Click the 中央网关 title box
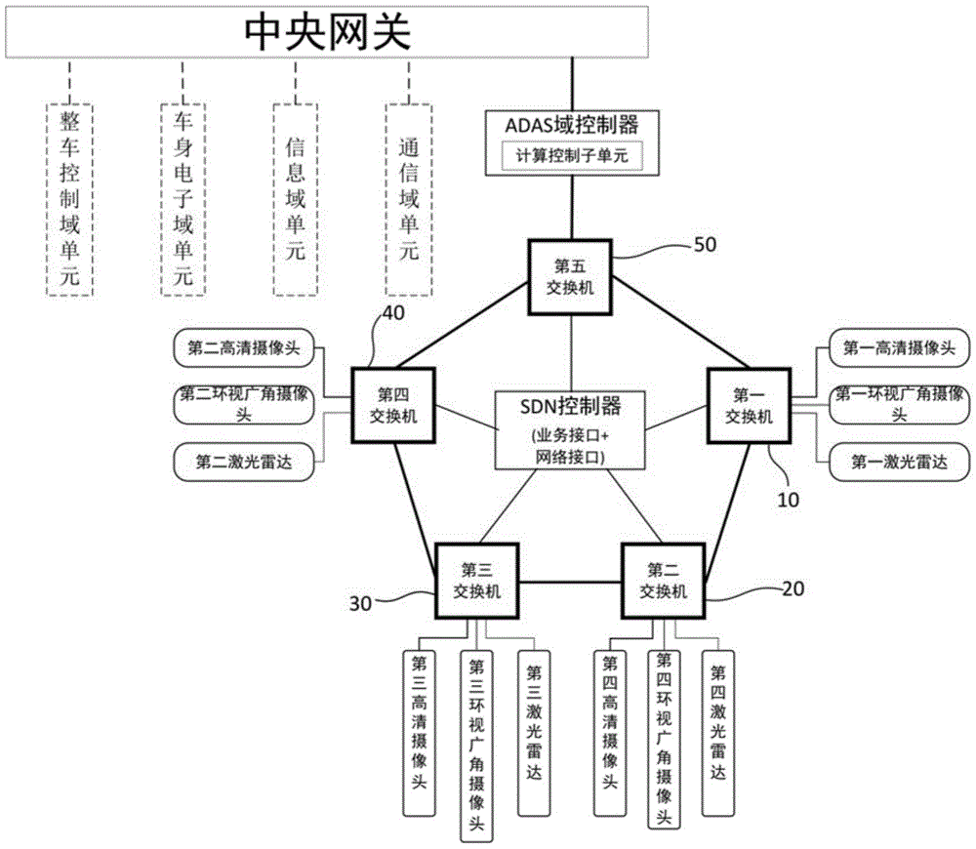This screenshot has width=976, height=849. [x=328, y=31]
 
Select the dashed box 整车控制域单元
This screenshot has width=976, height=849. [x=70, y=197]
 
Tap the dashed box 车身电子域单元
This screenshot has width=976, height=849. [x=183, y=197]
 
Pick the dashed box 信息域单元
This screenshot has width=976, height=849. [x=296, y=197]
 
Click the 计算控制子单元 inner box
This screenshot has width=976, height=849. [x=572, y=156]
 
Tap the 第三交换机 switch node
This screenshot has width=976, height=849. [x=476, y=581]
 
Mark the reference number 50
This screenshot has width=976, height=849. [x=704, y=244]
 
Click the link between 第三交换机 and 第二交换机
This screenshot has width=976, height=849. [x=570, y=582]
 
